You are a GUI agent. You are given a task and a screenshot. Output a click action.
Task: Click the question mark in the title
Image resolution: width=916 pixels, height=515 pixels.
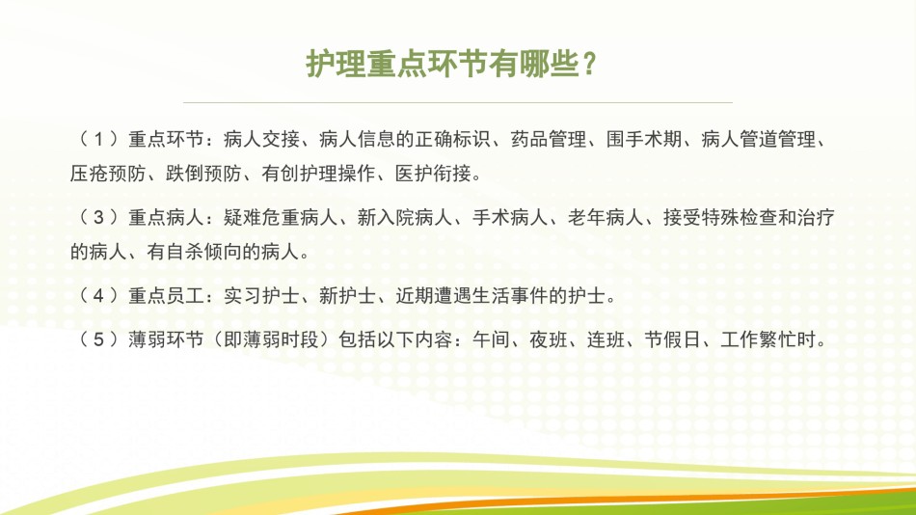click(589, 64)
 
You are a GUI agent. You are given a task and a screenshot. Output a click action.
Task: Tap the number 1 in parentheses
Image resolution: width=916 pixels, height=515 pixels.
click(98, 139)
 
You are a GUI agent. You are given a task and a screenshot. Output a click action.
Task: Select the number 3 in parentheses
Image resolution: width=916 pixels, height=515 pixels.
click(98, 217)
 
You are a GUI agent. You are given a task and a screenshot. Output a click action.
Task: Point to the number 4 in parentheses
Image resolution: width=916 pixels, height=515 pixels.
click(98, 296)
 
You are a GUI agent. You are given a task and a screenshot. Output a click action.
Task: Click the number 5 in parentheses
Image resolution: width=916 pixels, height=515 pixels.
click(98, 339)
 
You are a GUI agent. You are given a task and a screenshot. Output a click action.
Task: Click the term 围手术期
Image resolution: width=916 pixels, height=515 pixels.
click(644, 139)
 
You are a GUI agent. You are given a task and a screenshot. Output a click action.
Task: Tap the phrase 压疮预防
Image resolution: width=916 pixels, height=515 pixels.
click(107, 173)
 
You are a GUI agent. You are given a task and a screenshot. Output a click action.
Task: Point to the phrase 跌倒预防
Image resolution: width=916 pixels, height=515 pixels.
click(203, 173)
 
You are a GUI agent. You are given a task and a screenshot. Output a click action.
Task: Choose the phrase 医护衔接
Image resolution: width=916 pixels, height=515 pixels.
click(432, 173)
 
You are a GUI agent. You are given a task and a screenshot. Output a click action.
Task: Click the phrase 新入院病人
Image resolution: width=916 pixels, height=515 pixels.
click(404, 217)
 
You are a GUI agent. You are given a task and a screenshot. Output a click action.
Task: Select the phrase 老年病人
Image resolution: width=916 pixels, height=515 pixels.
click(606, 217)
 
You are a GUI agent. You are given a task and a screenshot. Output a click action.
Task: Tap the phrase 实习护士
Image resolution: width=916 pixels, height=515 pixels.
click(261, 296)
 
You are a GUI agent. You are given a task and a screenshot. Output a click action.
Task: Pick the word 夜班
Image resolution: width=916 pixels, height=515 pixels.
click(548, 339)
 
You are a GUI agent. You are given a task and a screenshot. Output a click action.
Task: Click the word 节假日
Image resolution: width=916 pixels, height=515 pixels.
click(672, 339)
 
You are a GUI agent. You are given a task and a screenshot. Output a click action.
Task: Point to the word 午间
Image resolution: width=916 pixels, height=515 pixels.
click(491, 339)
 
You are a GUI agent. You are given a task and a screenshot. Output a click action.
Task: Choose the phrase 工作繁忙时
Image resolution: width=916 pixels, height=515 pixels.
click(768, 339)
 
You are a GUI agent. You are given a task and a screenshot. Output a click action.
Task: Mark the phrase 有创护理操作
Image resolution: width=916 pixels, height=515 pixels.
click(318, 173)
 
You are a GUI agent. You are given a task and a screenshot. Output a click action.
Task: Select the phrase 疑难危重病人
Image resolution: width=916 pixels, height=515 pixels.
click(281, 217)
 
